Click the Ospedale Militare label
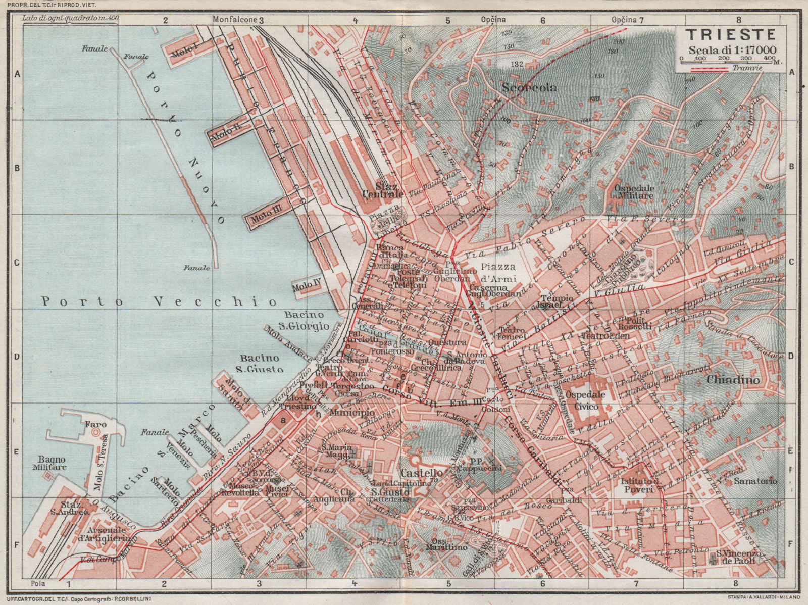634,191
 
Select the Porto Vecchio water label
159,301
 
